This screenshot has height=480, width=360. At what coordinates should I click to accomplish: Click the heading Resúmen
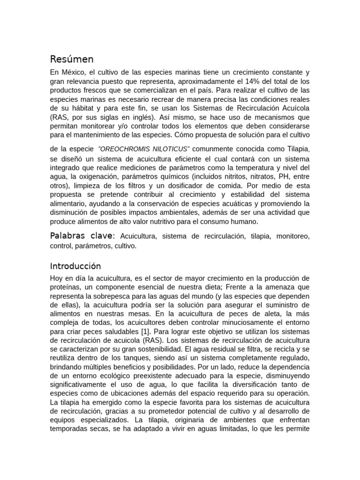click(72, 59)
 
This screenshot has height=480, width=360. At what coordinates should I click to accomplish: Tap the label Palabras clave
click(82, 235)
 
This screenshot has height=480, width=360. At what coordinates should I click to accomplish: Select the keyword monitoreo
click(293, 236)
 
